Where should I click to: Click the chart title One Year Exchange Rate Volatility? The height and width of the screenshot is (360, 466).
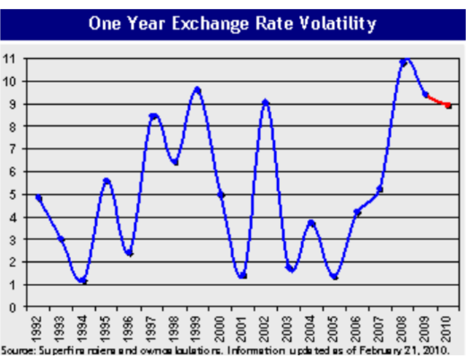point(233,23)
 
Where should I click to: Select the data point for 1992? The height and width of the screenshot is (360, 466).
point(39,198)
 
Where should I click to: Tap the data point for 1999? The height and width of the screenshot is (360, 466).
point(198,90)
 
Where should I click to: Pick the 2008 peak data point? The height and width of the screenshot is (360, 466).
point(403,63)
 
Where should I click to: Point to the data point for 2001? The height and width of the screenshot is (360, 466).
point(243,276)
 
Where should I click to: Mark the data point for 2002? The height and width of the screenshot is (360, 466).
point(266,103)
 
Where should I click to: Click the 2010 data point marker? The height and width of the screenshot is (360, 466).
point(448,105)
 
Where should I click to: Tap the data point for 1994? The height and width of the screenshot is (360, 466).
point(84,281)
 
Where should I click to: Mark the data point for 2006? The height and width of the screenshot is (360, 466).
point(357,213)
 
